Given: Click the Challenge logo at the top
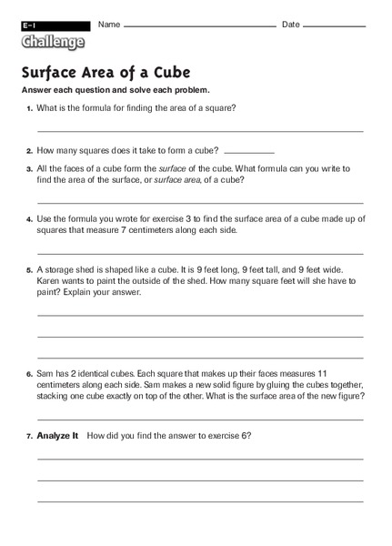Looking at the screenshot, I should [x=53, y=41].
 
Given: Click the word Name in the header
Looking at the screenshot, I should [x=109, y=24].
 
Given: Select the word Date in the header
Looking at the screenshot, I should [x=290, y=24].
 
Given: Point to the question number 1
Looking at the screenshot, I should [x=29, y=108].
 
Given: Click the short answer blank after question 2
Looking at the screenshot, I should [x=248, y=151].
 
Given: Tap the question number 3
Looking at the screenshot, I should [x=29, y=169].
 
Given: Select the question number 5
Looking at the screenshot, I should [x=29, y=270].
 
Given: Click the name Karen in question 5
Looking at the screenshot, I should [x=49, y=281].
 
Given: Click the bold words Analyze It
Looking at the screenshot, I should [x=58, y=436].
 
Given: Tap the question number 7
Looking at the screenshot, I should [x=29, y=437].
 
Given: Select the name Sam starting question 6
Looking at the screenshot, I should [x=45, y=374].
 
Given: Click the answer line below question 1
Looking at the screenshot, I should [x=199, y=132].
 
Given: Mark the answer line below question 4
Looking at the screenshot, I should [x=199, y=252].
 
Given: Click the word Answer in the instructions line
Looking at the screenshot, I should [x=37, y=90].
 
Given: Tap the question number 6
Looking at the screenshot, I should [x=29, y=374].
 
